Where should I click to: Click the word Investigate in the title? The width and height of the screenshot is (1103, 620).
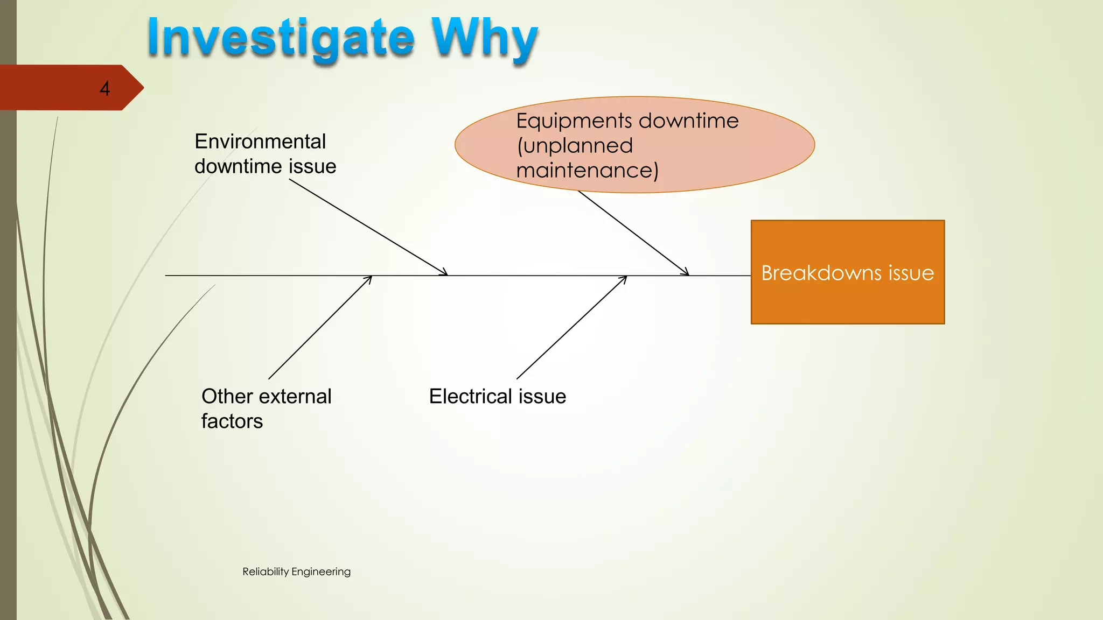(280, 38)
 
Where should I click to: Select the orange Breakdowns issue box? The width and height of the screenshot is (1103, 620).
(847, 301)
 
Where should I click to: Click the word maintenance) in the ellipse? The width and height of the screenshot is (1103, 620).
(587, 171)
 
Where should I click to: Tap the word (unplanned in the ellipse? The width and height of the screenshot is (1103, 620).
(575, 146)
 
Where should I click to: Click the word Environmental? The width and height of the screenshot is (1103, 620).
(260, 142)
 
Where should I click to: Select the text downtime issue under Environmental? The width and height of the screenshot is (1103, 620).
(265, 166)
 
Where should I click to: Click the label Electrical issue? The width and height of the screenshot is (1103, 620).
(497, 397)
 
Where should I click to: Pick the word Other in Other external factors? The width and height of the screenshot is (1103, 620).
(227, 397)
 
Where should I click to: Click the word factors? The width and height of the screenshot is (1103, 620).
(232, 421)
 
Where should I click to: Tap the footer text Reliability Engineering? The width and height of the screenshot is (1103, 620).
(296, 572)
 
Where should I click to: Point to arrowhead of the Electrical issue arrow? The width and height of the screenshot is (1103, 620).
(624, 278)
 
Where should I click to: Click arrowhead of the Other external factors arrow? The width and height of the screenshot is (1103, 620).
(369, 278)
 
